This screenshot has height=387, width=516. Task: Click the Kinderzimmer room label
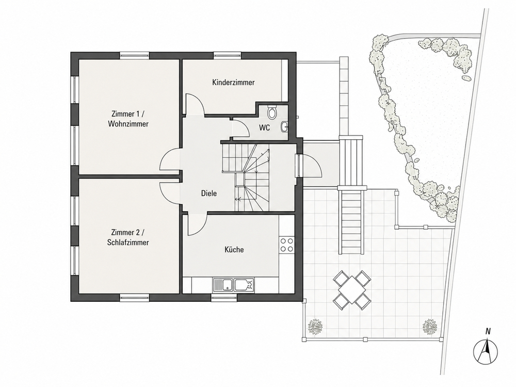233,82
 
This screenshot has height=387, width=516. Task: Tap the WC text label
264,127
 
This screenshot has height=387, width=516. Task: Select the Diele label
209,193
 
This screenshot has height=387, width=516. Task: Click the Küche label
234,249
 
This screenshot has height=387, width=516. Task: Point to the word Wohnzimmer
128,124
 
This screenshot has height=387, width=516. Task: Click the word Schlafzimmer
128,243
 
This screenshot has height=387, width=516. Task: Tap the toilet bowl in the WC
272,112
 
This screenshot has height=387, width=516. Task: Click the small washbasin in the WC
285,126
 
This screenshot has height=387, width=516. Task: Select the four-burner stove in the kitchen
286,245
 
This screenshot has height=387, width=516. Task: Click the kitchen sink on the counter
233,285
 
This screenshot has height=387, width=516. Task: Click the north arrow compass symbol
486,351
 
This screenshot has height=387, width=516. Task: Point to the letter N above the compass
488,332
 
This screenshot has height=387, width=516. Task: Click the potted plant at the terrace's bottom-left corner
315,326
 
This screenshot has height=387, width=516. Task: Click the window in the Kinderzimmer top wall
228,55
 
